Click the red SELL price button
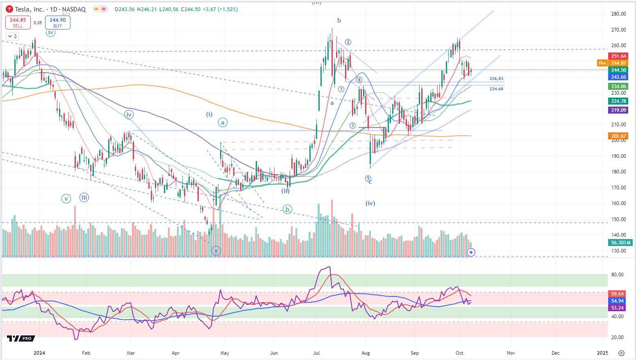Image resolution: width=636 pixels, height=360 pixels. [x=18, y=23]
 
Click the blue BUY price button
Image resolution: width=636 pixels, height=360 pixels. [x=57, y=23]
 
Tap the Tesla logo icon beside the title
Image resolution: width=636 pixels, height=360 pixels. [x=9, y=9]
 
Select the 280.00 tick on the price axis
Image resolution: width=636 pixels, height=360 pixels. [x=618, y=14]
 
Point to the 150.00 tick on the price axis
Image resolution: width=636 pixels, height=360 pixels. [x=618, y=219]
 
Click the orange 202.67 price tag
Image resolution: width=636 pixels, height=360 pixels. [x=618, y=136]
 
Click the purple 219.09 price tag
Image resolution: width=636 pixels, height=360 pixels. [x=618, y=110]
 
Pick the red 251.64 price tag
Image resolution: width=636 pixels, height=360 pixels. [x=618, y=56]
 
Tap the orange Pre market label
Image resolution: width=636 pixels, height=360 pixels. [x=602, y=63]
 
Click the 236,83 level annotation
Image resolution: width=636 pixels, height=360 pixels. [x=496, y=79]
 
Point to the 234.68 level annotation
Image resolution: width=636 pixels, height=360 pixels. [x=496, y=89]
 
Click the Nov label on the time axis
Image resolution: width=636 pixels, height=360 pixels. [x=510, y=353]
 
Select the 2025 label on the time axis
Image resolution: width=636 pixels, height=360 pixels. [x=602, y=353]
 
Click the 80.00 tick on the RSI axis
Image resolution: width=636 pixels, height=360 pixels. [x=618, y=275]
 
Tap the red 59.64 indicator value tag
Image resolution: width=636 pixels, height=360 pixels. [x=618, y=294]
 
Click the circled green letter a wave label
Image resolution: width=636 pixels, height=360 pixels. [x=223, y=123]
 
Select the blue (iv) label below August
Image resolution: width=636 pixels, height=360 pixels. [x=370, y=203]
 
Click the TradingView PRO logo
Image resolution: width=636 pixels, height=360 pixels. [x=21, y=339]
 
